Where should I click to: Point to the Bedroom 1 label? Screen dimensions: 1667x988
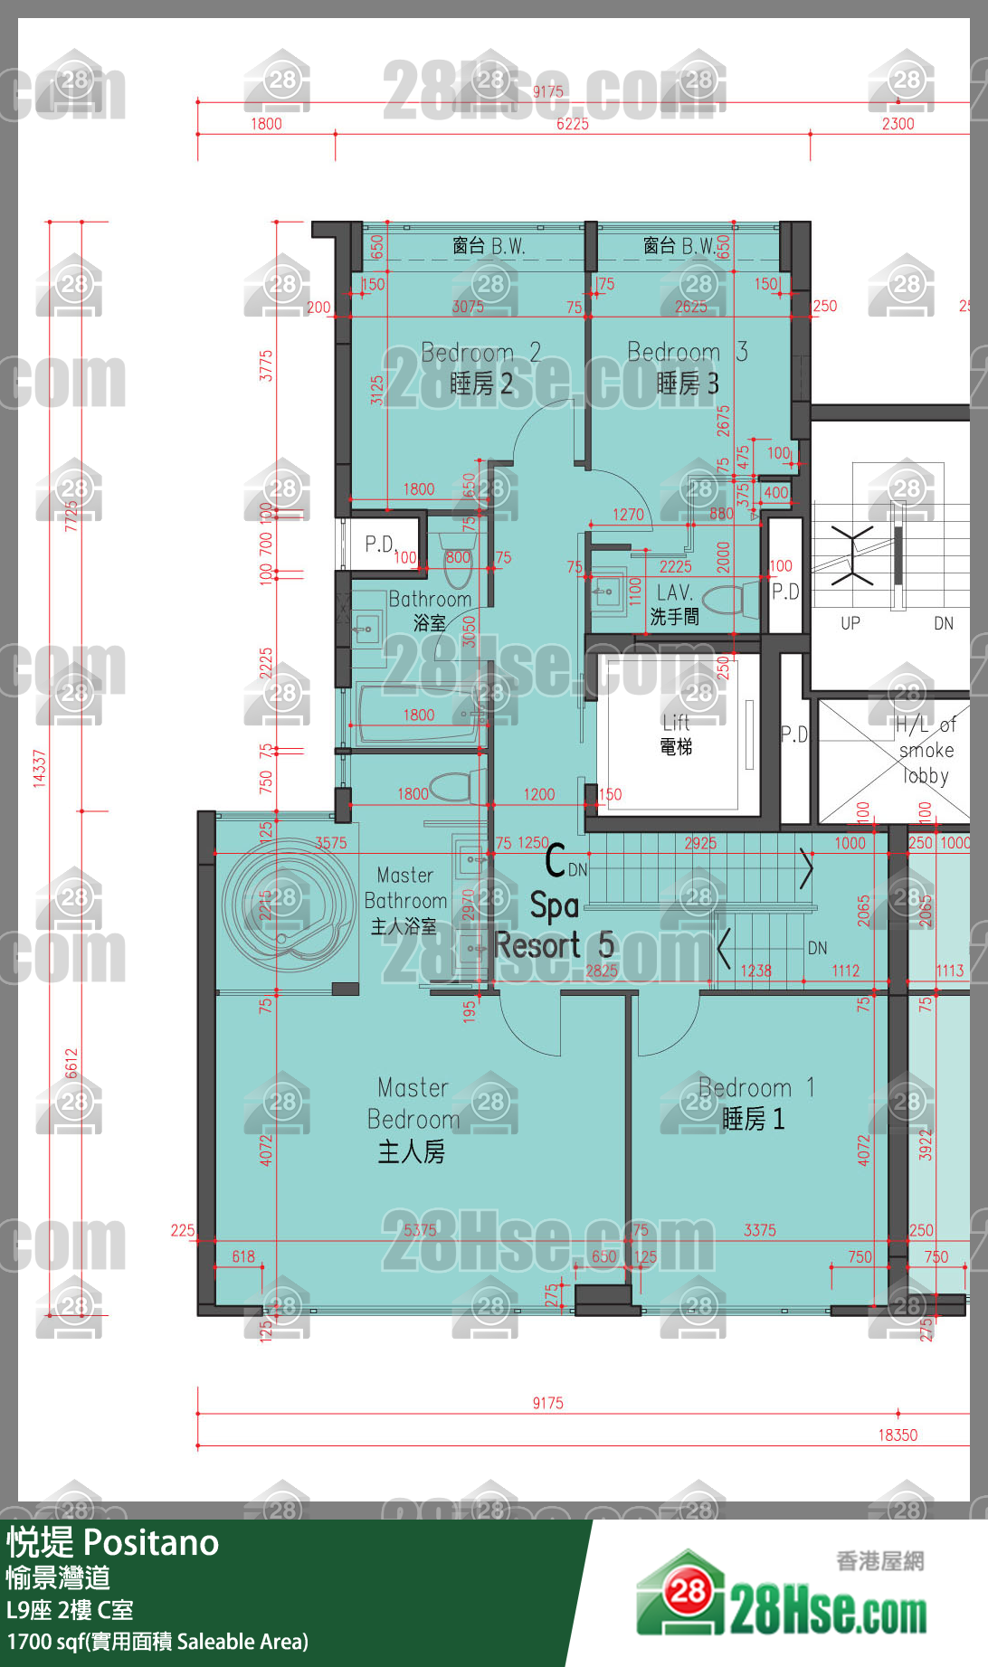pos(755,1103)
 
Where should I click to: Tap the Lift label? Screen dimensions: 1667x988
pos(676,734)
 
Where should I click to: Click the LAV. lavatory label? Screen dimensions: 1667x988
pos(675,603)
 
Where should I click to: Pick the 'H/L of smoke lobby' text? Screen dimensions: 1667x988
pos(925,750)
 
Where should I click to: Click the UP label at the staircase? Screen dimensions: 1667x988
pos(850,623)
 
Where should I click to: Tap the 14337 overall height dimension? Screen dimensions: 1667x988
pos(39,768)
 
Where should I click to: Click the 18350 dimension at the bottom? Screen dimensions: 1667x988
pos(897,1435)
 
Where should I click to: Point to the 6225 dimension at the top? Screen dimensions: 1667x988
pos(572,124)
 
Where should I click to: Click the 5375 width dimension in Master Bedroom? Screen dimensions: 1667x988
pos(420,1229)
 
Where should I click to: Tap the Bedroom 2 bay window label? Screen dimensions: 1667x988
pos(489,246)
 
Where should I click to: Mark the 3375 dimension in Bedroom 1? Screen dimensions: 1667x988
pos(759,1229)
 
